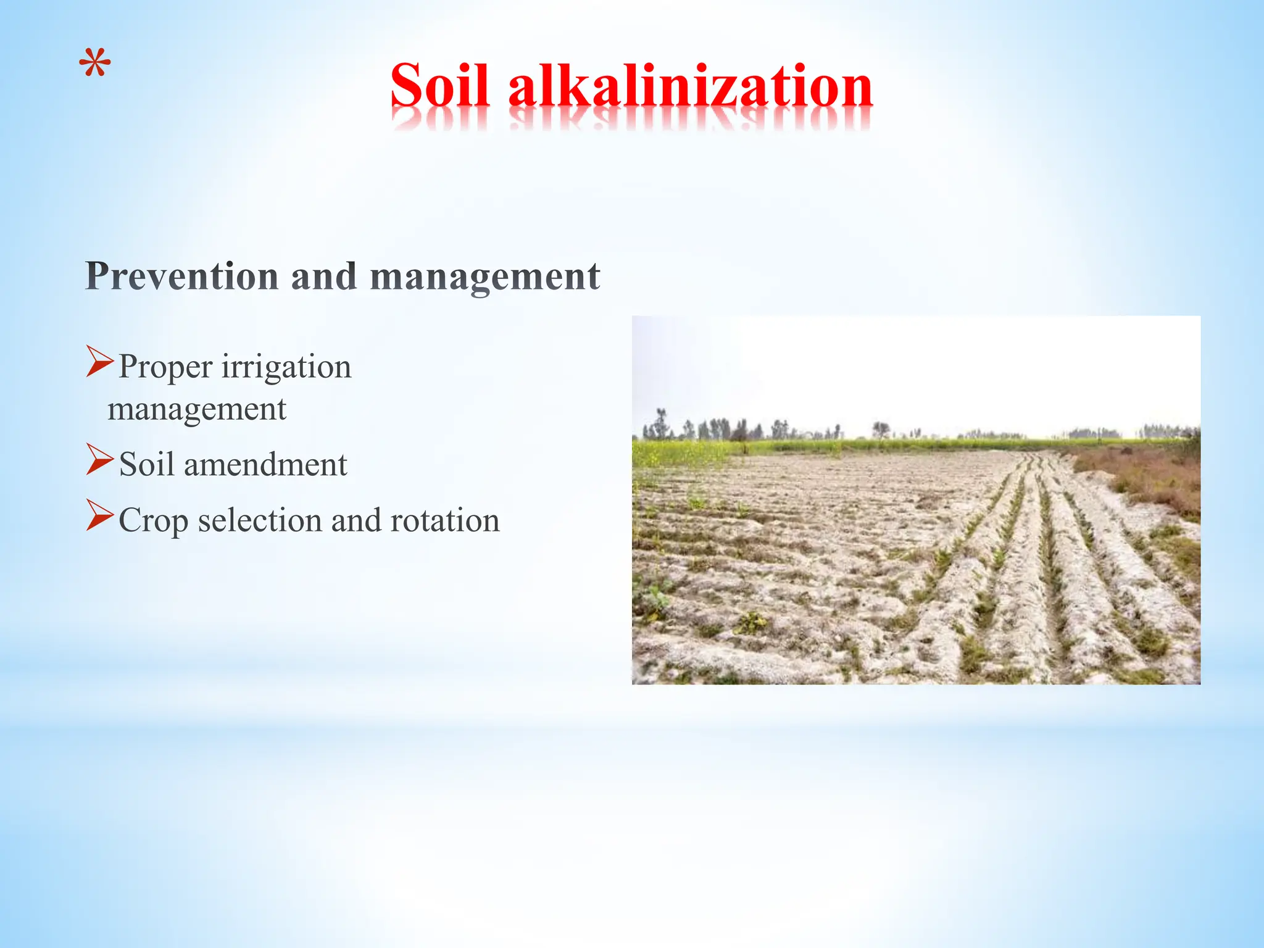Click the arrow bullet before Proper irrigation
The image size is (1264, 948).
click(99, 362)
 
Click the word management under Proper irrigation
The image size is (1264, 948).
click(197, 409)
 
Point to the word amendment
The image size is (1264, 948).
click(265, 464)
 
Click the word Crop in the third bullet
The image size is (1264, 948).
click(153, 520)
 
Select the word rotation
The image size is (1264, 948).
click(445, 520)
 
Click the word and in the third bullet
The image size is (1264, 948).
click(355, 520)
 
